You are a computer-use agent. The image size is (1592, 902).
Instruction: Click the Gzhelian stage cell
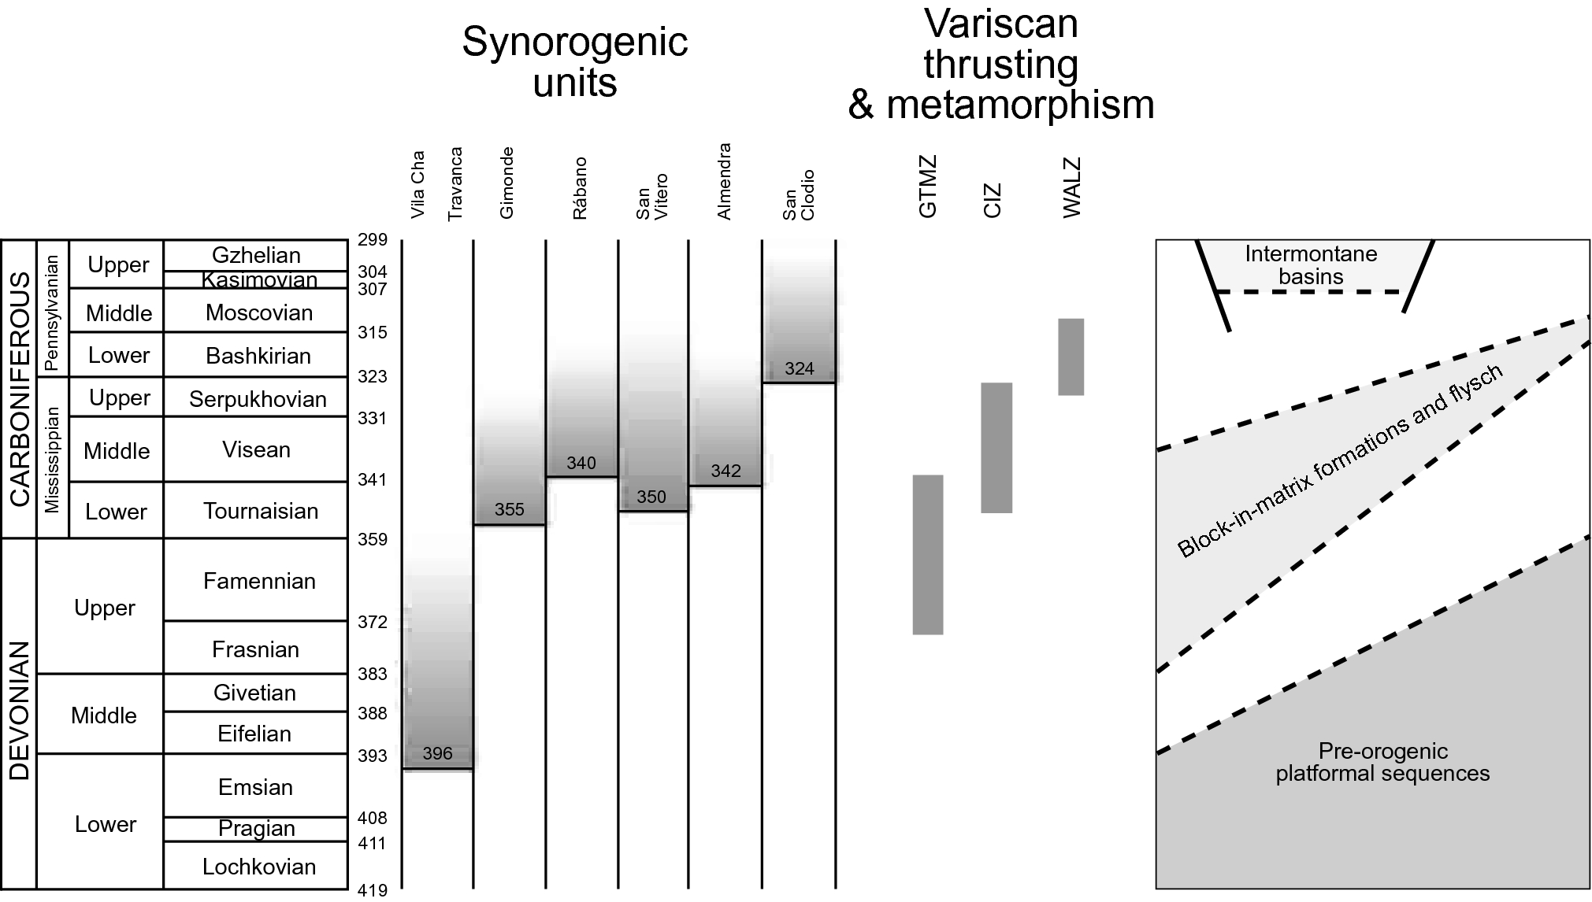[256, 255]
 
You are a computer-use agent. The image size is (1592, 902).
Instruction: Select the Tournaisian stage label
[261, 511]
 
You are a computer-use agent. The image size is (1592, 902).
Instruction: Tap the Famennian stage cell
[259, 581]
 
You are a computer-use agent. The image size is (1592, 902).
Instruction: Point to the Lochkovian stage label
[259, 867]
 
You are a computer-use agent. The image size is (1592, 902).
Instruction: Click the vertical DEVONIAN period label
[19, 711]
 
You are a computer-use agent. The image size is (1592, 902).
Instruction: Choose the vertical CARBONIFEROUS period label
[19, 389]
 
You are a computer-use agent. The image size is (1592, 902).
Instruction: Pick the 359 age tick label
[373, 539]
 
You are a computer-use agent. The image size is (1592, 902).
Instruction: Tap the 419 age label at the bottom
[373, 890]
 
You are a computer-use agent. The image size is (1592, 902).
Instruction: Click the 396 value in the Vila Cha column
[437, 753]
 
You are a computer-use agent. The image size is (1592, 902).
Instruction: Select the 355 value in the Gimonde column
[509, 509]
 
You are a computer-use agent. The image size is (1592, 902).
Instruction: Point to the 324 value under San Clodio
[799, 368]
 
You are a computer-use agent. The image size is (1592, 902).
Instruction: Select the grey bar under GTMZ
[927, 554]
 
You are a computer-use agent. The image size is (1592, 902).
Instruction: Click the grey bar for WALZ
[1071, 357]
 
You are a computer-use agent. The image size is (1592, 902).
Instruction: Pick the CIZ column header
[993, 200]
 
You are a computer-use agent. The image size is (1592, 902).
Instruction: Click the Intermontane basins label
[1311, 265]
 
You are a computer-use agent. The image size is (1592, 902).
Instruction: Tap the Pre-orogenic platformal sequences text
[1382, 762]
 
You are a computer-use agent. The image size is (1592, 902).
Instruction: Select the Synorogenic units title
[574, 62]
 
